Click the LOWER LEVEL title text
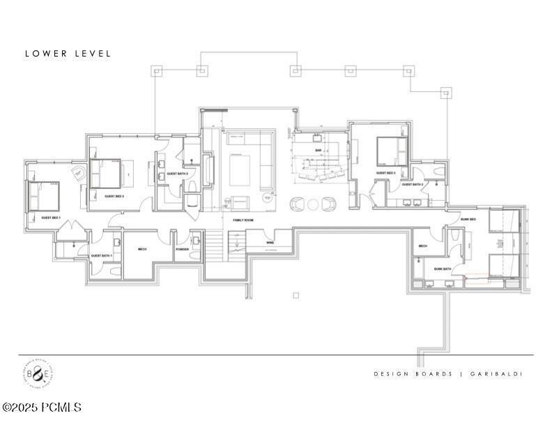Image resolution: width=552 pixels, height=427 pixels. (x=68, y=54)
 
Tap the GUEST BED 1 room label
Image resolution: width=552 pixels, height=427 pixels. (x=51, y=218)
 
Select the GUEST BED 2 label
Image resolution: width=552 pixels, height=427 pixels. (x=114, y=196)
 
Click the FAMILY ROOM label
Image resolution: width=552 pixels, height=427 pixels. (x=243, y=220)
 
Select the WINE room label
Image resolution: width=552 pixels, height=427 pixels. (x=269, y=243)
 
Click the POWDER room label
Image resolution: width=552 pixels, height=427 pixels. (x=183, y=248)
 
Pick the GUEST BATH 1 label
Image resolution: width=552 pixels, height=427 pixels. (x=102, y=256)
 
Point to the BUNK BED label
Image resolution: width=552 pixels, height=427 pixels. (x=468, y=219)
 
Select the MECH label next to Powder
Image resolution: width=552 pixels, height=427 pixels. (x=141, y=248)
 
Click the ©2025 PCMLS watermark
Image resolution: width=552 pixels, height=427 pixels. (x=42, y=407)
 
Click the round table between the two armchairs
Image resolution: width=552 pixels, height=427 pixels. (x=313, y=204)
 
